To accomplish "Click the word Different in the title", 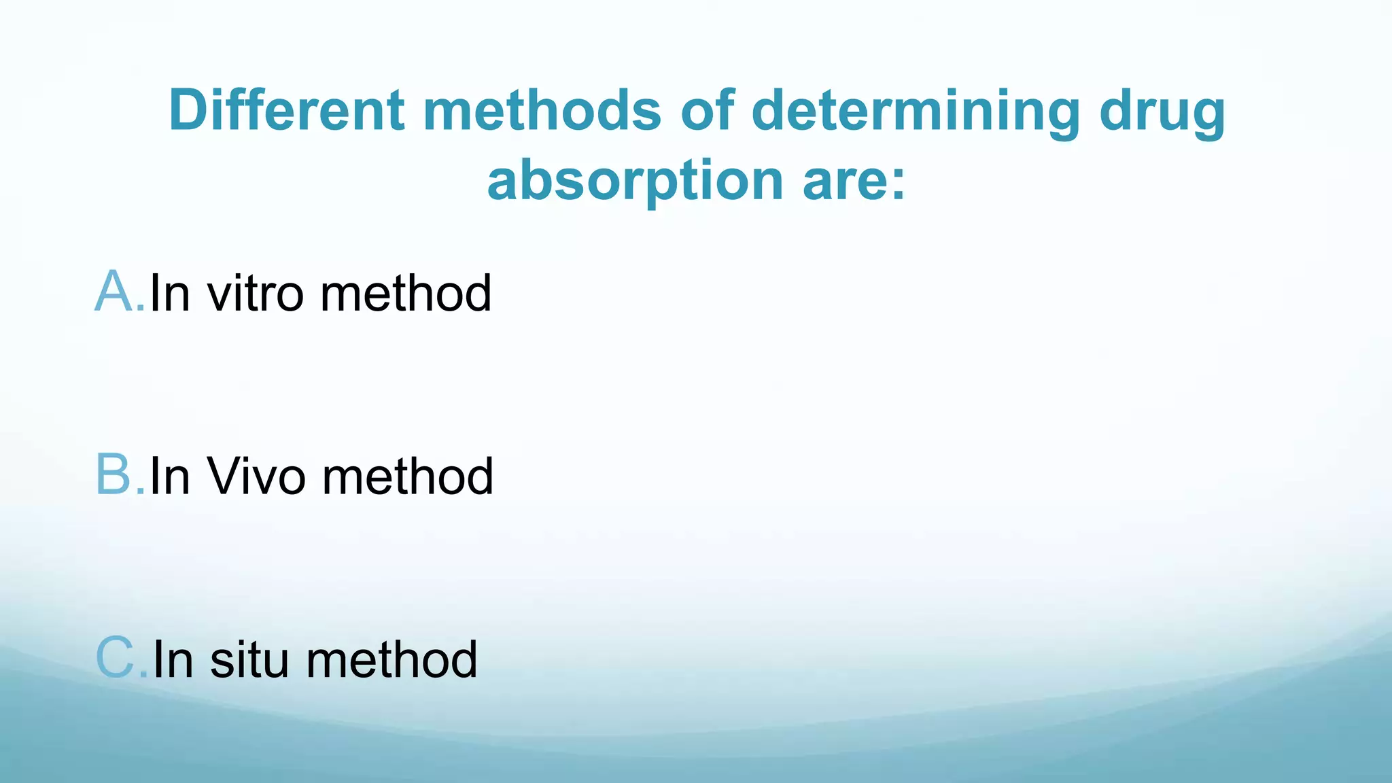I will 286,110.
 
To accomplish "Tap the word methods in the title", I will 542,110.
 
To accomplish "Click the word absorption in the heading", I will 635,181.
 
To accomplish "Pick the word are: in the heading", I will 854,181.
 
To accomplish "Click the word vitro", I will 255,294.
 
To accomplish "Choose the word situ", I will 249,659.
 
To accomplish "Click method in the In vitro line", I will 405,294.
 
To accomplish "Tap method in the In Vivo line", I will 407,476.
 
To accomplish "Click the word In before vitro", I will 169,294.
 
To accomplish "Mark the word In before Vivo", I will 169,476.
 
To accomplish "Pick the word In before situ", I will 173,659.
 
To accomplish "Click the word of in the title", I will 707,110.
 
